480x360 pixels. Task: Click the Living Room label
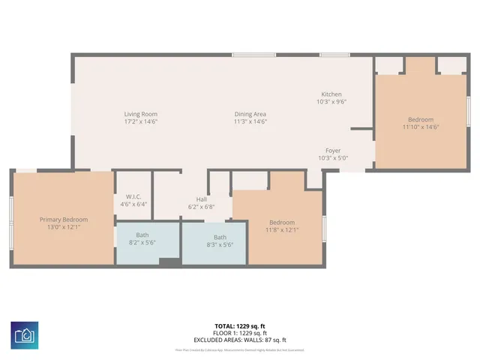[140, 114]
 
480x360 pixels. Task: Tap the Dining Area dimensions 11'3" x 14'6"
[250, 121]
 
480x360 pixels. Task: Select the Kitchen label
[331, 94]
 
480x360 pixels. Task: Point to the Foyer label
[333, 151]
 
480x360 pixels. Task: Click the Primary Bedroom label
[64, 220]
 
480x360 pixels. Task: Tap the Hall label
[201, 199]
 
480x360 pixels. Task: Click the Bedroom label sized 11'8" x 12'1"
[282, 223]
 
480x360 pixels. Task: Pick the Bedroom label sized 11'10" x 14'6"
[420, 120]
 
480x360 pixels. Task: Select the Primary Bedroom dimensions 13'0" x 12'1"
[64, 227]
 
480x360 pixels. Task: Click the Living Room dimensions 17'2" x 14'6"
[140, 121]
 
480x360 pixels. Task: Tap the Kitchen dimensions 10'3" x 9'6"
[331, 101]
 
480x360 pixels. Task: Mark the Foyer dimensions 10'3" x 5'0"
[333, 158]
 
